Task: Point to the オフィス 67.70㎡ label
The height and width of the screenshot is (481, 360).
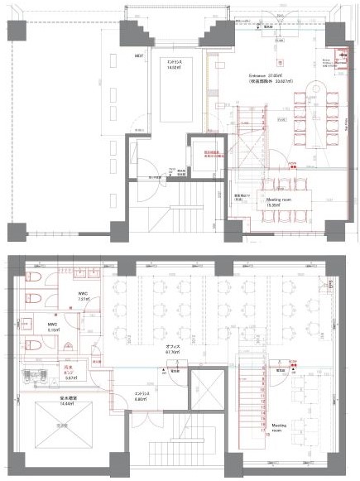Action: (172, 349)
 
